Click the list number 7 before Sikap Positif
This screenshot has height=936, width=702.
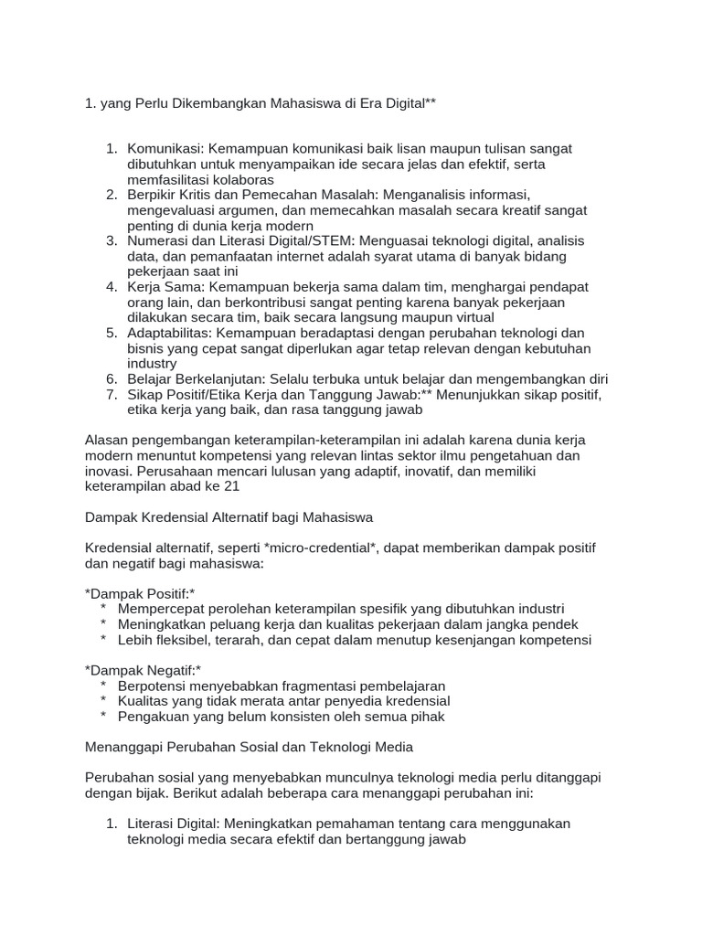pyautogui.click(x=112, y=394)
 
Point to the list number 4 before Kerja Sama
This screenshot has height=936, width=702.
pyautogui.click(x=112, y=286)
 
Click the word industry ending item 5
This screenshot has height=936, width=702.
pyautogui.click(x=152, y=363)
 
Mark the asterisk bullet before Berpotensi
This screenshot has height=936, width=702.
pyautogui.click(x=104, y=686)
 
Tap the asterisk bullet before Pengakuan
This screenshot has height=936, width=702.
pyautogui.click(x=104, y=717)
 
